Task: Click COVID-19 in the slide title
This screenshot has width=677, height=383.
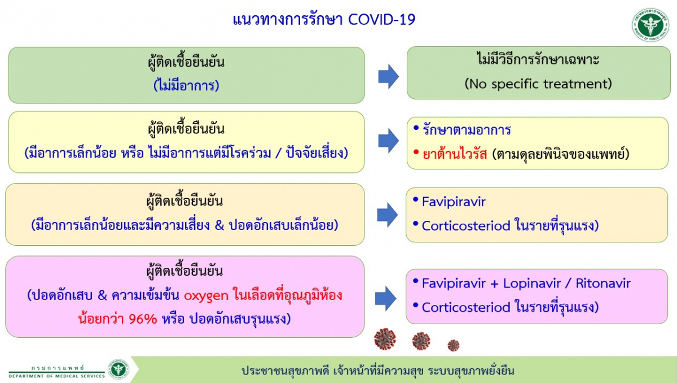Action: coord(382,20)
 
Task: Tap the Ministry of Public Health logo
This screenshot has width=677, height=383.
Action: coord(650,25)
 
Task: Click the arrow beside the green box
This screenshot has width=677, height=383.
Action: coord(389,76)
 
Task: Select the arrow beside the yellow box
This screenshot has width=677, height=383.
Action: coord(389,141)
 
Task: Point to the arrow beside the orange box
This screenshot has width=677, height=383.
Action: coord(388,215)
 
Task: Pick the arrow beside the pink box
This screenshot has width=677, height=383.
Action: coord(386,299)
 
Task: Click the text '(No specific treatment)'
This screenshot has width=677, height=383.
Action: coord(538,84)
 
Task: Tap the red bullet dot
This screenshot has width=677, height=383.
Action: coord(416,152)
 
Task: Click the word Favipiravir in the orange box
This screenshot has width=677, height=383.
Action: coord(454,202)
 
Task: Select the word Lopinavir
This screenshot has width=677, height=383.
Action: coord(532,283)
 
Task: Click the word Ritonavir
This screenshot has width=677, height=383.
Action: coord(603,283)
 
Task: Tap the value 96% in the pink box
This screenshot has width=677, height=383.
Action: coord(143,319)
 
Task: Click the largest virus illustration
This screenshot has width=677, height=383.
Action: coord(385,339)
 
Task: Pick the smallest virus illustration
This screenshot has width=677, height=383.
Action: coord(454,345)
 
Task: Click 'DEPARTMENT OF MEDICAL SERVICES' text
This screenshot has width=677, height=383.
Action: coord(57,376)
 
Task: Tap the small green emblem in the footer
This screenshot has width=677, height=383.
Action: coord(118,369)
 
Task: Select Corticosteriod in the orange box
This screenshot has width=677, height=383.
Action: coord(466,226)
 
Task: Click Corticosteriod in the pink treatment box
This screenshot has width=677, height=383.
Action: coord(466,307)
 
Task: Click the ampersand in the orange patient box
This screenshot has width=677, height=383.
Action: coord(219,225)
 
